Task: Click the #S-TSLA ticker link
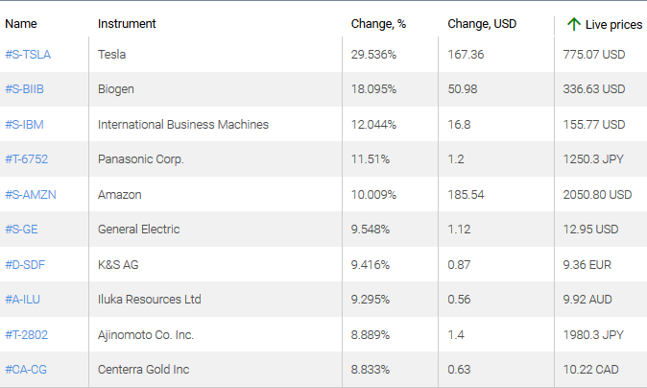pyautogui.click(x=28, y=55)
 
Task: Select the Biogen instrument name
pyautogui.click(x=116, y=89)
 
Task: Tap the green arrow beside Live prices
pyautogui.click(x=573, y=24)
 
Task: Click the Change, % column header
pyautogui.click(x=379, y=24)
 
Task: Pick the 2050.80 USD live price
pyautogui.click(x=597, y=194)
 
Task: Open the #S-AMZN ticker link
pyautogui.click(x=31, y=194)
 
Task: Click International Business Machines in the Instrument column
pyautogui.click(x=183, y=125)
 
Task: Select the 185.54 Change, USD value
pyautogui.click(x=466, y=194)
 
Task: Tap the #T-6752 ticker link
pyautogui.click(x=28, y=159)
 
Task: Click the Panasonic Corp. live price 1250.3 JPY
pyautogui.click(x=593, y=159)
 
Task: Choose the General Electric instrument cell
pyautogui.click(x=138, y=230)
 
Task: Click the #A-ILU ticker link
pyautogui.click(x=23, y=300)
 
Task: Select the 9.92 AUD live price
pyautogui.click(x=587, y=300)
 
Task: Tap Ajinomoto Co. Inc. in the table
pyautogui.click(x=146, y=334)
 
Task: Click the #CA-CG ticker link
pyautogui.click(x=26, y=369)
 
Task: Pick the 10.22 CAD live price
pyautogui.click(x=590, y=369)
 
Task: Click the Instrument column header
pyautogui.click(x=127, y=24)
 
